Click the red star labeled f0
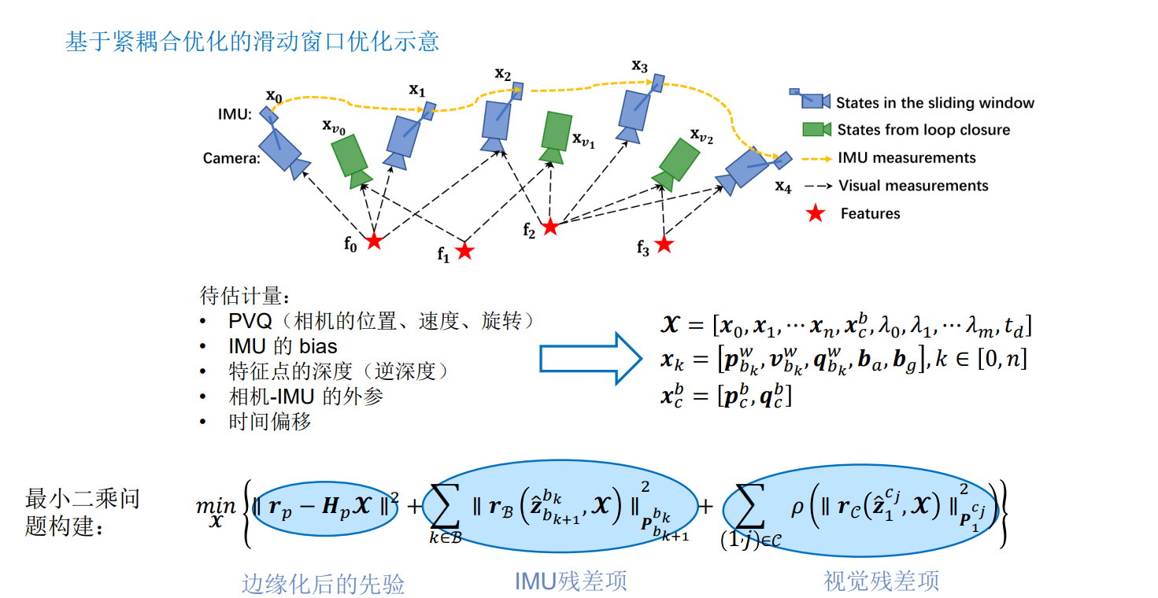pyautogui.click(x=374, y=241)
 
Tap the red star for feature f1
pyautogui.click(x=465, y=251)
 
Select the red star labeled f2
pyautogui.click(x=550, y=227)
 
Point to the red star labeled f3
pyautogui.click(x=664, y=245)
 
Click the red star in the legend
pyautogui.click(x=816, y=213)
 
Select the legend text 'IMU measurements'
pyautogui.click(x=907, y=158)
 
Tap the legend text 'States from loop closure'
pyautogui.click(x=923, y=130)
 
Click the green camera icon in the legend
pyautogui.click(x=816, y=129)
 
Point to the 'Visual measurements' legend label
pyautogui.click(x=913, y=186)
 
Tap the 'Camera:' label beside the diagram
pyautogui.click(x=231, y=158)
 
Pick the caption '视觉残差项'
pyautogui.click(x=881, y=581)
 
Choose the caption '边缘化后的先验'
pyautogui.click(x=323, y=583)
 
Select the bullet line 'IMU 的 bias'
pyautogui.click(x=283, y=346)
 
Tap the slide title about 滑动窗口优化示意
pyautogui.click(x=252, y=41)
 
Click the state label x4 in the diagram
pyautogui.click(x=782, y=186)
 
